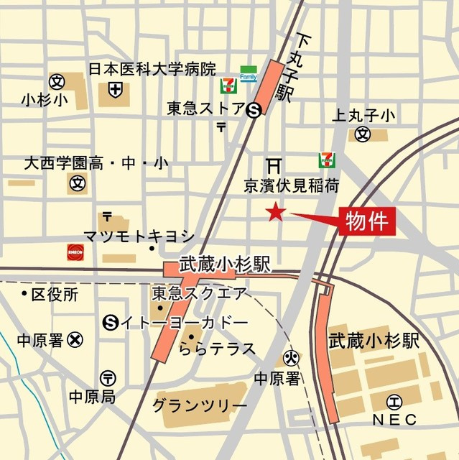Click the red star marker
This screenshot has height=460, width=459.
[x=276, y=212]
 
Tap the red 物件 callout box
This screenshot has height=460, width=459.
[x=366, y=221]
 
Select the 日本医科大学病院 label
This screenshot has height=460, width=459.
[x=152, y=70]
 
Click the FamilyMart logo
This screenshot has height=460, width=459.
[x=249, y=73]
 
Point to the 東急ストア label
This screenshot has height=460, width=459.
[x=205, y=109]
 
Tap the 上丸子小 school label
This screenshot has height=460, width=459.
[x=364, y=115]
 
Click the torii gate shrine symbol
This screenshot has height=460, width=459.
[x=274, y=165]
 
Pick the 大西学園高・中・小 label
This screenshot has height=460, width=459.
[x=96, y=164]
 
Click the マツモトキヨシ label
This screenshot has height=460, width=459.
[x=139, y=235]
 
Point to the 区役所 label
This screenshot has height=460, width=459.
[x=55, y=294]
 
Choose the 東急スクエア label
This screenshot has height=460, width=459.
[x=199, y=293]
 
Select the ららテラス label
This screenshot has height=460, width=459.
[x=217, y=349]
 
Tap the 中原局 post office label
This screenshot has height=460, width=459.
[x=91, y=396]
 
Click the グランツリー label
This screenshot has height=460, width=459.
[x=199, y=405]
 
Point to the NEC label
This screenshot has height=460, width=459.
[x=394, y=418]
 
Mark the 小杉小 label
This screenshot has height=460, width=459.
[x=45, y=99]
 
